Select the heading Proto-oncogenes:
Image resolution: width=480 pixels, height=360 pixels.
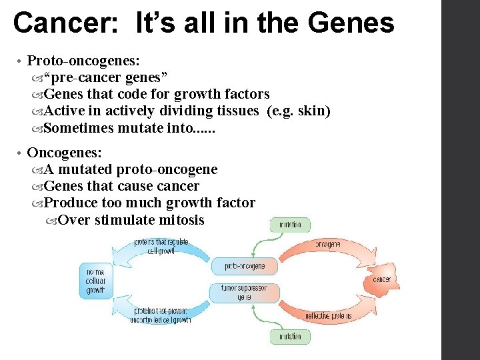[83, 61]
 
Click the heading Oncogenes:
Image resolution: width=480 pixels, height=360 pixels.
[65, 153]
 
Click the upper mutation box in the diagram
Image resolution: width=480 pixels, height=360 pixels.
[290, 225]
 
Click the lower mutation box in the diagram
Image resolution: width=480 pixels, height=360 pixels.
[290, 337]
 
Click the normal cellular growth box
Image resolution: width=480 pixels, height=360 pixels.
[95, 281]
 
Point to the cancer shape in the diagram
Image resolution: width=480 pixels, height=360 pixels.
[381, 279]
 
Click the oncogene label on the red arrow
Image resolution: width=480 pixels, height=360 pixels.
[327, 244]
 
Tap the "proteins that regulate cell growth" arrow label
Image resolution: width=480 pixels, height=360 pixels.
[161, 246]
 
